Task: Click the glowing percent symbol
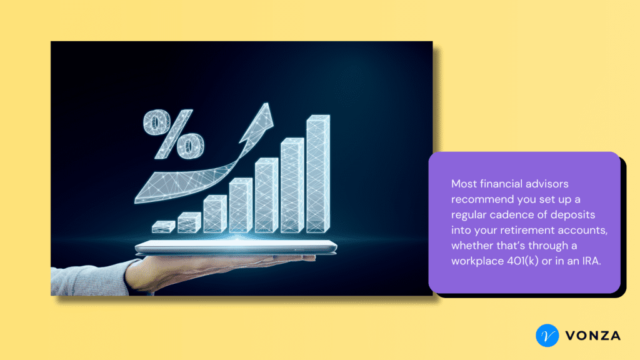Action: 174,134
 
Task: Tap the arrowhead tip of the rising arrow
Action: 267,103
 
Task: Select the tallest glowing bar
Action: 318,174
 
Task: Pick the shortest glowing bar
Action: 164,227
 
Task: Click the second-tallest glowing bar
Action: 292,185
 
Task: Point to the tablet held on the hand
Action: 236,247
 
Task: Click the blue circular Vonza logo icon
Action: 547,336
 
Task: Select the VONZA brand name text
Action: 593,336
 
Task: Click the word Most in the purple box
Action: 464,184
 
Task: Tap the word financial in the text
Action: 501,184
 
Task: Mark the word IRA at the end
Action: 591,261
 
